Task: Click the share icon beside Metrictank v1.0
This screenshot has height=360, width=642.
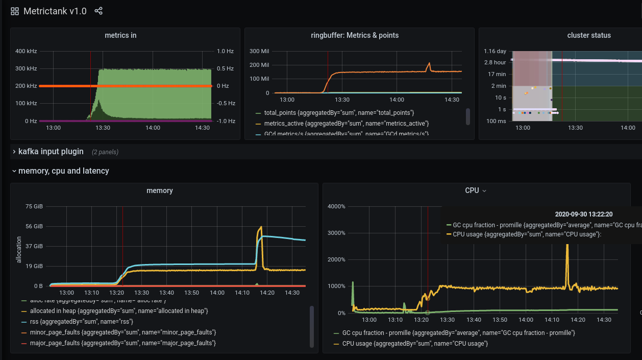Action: coord(98,11)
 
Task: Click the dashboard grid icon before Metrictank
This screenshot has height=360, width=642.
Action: coord(15,11)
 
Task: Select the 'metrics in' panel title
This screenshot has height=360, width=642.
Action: coord(120,35)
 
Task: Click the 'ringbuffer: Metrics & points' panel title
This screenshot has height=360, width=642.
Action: coord(355,35)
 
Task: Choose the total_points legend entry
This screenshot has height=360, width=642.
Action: coord(338,112)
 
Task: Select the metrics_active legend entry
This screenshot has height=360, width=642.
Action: coord(346,124)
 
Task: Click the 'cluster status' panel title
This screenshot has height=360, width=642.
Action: coord(589,35)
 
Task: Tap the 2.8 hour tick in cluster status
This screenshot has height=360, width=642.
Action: coord(495,62)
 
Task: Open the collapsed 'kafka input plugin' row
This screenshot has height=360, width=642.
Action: coord(51,152)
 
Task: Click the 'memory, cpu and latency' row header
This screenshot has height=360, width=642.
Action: coord(63,171)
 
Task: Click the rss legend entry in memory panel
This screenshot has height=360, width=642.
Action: coord(81,322)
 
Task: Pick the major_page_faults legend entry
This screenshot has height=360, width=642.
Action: coord(122,343)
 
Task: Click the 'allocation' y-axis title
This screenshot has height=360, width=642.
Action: coord(19,250)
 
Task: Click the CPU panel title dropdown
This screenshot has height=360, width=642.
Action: coord(475,190)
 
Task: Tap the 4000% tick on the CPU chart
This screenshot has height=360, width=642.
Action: coord(336,206)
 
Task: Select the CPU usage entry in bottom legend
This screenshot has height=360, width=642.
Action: coord(414,344)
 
